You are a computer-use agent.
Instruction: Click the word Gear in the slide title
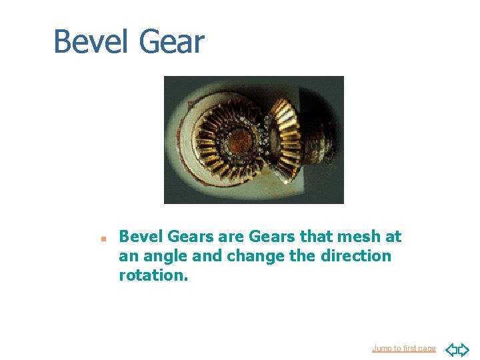pos(171,41)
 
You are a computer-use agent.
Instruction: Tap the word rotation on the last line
pos(153,275)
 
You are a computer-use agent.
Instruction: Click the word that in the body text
pos(317,237)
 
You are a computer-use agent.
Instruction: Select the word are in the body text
pos(230,237)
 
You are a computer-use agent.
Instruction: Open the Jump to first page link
pos(403,349)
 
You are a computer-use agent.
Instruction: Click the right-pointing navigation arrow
pos(463,349)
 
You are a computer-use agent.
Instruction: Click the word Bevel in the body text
pos(141,237)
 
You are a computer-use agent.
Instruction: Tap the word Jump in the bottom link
pos(381,349)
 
